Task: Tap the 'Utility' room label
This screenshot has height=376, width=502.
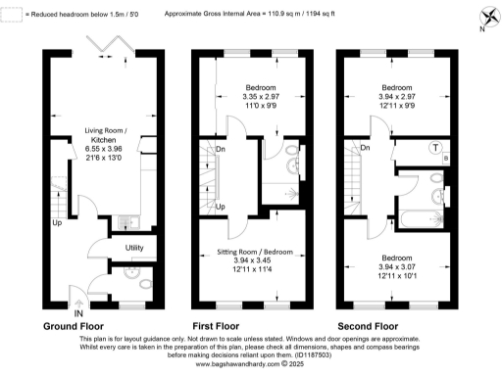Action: [x=135, y=248]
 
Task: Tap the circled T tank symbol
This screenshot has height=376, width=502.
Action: [x=435, y=148]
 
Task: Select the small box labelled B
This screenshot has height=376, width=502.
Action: [x=448, y=157]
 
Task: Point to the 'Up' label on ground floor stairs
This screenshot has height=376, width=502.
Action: [x=59, y=221]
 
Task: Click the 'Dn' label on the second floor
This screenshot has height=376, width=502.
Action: [x=365, y=149]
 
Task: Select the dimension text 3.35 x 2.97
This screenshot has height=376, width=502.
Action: [x=262, y=96]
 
